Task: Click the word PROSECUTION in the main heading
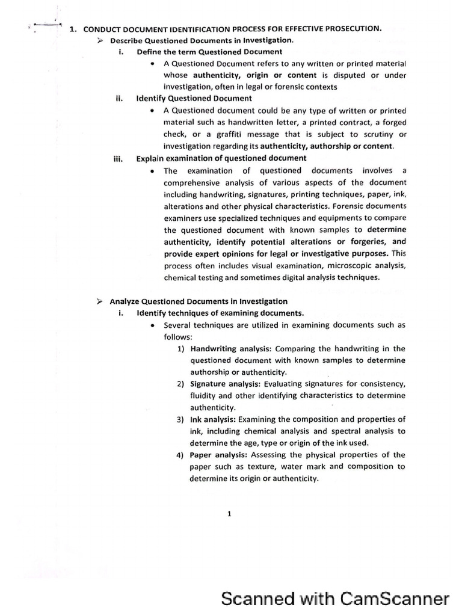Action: pyautogui.click(x=349, y=28)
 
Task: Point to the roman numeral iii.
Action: pyautogui.click(x=118, y=158)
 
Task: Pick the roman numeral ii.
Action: pyautogui.click(x=119, y=98)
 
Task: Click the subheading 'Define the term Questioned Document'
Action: pyautogui.click(x=209, y=52)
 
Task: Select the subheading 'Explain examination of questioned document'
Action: pyautogui.click(x=221, y=158)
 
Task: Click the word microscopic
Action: pyautogui.click(x=328, y=266)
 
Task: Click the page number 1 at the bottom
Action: pyautogui.click(x=230, y=514)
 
